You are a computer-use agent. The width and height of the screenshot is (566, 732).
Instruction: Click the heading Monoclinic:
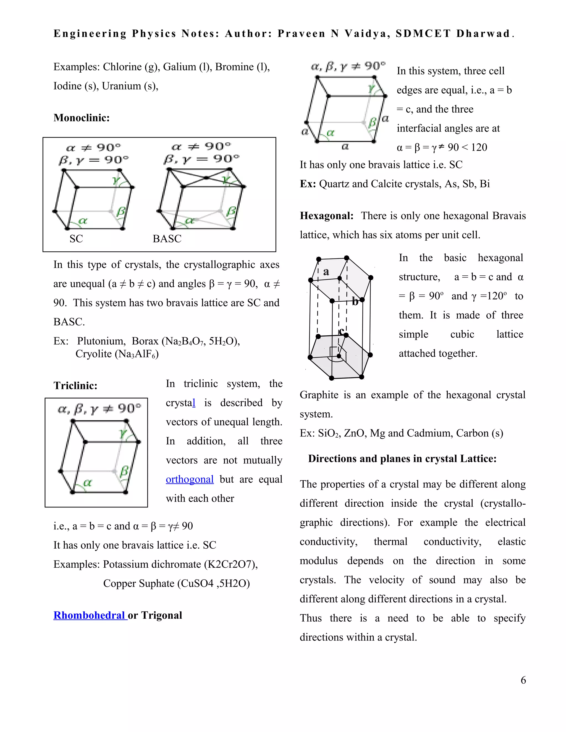coord(82,118)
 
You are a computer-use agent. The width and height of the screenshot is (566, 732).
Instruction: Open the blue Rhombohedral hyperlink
coord(90,615)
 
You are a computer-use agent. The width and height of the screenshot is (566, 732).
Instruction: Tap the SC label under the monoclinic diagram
coord(76,239)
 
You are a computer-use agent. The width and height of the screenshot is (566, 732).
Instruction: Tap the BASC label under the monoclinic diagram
coord(167,239)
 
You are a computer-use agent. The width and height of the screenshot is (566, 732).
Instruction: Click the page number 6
coord(523,680)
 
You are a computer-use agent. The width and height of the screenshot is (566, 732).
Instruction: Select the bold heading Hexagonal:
coord(327,216)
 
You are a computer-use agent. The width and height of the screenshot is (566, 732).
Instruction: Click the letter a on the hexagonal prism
coord(326,272)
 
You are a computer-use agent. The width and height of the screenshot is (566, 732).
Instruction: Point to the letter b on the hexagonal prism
coord(355,302)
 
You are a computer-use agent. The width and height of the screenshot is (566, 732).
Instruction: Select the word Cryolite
coord(94,354)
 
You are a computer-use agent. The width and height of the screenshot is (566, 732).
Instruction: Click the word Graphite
coord(319,395)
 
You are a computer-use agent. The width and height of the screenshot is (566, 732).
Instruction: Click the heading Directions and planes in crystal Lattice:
coord(402,459)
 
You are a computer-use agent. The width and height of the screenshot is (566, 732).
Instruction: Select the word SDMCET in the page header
coord(423,33)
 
